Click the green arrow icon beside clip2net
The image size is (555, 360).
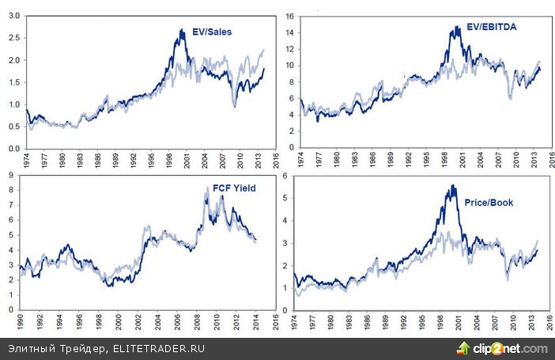point(463,348)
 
